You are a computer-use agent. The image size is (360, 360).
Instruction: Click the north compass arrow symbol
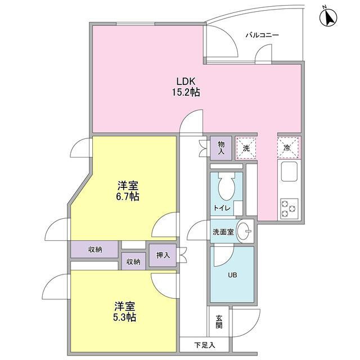(328, 17)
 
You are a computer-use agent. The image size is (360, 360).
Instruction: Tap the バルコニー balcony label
(262, 35)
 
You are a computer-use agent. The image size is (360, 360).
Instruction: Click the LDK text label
(186, 81)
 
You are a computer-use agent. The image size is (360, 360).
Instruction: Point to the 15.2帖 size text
(186, 92)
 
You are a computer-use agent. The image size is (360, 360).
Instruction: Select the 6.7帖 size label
(127, 197)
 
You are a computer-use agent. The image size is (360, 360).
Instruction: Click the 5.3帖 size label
(124, 317)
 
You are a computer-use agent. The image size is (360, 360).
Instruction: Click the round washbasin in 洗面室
(244, 231)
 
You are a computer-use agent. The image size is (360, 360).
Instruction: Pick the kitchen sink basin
(289, 172)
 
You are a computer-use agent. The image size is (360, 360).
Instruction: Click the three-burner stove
(289, 209)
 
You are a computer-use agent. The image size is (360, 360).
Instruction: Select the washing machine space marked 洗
(246, 148)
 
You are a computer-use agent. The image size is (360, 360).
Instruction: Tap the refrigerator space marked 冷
(288, 148)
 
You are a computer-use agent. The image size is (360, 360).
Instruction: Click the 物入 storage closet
(221, 148)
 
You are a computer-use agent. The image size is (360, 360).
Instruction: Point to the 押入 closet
(163, 255)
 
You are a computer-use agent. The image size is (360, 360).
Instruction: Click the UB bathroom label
(232, 275)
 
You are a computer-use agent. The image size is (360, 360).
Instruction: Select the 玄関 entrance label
(219, 322)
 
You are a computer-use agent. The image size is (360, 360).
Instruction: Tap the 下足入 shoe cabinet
(204, 345)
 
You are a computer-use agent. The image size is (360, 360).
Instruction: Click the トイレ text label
(222, 208)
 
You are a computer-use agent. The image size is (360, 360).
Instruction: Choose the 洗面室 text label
(223, 232)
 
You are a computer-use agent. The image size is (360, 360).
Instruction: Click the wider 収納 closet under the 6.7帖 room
(94, 249)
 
